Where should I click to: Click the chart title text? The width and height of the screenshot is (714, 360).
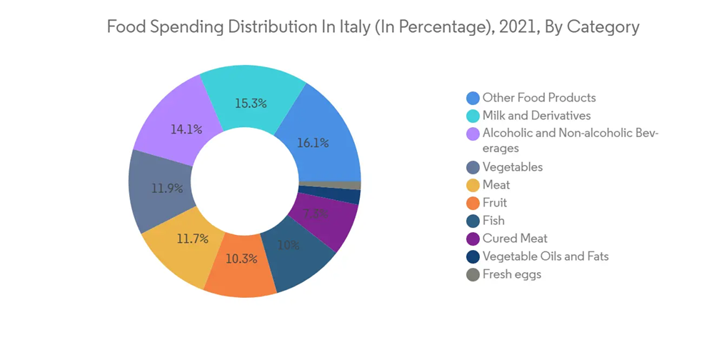(x=373, y=27)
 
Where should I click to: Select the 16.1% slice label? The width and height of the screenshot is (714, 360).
(x=313, y=143)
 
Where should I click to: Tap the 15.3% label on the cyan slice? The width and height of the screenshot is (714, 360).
(x=251, y=104)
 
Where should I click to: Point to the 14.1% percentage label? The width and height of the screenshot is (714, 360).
(x=186, y=129)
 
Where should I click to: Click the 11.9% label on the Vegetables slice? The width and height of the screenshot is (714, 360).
(x=167, y=189)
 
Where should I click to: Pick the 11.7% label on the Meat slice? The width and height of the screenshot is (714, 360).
(x=192, y=239)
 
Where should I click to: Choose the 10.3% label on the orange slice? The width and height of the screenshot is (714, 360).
(x=241, y=259)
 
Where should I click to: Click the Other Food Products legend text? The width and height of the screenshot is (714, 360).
(x=539, y=98)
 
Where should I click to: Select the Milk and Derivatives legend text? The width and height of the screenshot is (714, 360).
(x=536, y=116)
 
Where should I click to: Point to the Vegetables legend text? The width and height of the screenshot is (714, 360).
(x=513, y=167)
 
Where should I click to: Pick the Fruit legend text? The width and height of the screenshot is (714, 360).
(x=495, y=203)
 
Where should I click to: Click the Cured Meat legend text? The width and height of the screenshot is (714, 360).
(x=515, y=239)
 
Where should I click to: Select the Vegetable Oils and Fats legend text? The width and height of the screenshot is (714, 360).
(x=545, y=256)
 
